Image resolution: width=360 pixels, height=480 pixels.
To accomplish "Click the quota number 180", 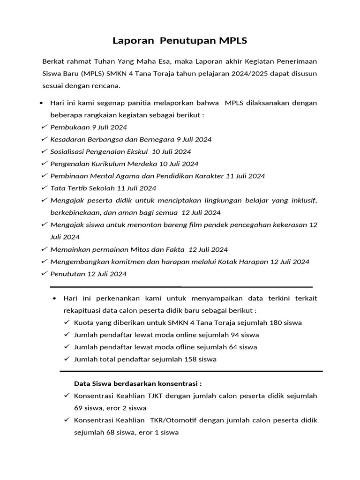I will [277, 322].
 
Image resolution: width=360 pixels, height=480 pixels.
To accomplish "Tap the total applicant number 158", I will [191, 359].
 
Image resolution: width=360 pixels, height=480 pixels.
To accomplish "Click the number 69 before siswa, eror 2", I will [78, 408].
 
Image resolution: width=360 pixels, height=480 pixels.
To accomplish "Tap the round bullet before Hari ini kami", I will [42, 103].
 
